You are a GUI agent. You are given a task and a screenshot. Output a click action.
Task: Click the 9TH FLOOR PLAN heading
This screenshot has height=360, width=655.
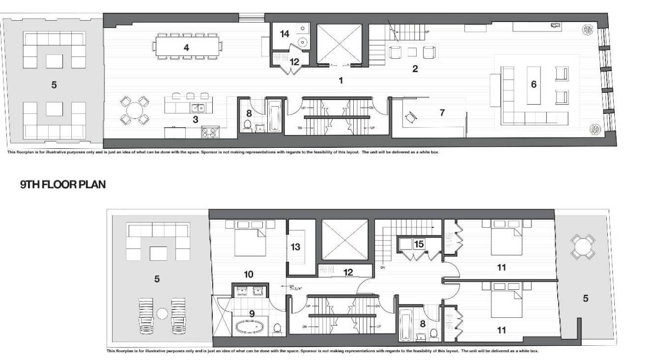pos(62,185)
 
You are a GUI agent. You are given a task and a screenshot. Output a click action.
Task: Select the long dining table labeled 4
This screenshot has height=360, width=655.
pos(187,48)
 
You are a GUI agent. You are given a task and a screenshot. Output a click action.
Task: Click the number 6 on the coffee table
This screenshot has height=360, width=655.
pos(533,84)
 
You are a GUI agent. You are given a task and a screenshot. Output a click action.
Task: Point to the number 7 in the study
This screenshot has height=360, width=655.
pos(442,112)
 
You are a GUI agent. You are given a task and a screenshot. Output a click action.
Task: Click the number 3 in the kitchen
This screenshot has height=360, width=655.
pos(195,119)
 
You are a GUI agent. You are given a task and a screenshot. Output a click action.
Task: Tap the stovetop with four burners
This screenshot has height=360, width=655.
pos(211,131)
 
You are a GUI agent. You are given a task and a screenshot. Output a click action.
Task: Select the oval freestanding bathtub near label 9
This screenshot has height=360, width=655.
pos(250,327)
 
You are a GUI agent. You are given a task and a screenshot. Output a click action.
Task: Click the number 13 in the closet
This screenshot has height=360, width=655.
pos(295,247)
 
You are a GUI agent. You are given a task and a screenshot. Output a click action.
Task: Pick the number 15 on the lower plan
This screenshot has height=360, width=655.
pos(419,243)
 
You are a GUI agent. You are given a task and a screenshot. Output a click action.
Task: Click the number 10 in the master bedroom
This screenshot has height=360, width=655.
pos(249,274)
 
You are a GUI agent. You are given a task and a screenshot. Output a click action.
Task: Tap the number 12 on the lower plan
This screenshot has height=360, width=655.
pos(348,272)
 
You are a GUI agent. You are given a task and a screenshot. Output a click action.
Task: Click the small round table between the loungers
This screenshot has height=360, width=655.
pos(162,312)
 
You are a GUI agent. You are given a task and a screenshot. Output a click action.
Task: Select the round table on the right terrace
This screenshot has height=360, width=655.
pos(583,244)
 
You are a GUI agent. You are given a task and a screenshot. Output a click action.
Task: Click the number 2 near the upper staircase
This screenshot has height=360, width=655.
pos(415,69)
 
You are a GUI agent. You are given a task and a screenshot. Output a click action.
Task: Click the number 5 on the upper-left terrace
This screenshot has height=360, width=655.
pos(54,84)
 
